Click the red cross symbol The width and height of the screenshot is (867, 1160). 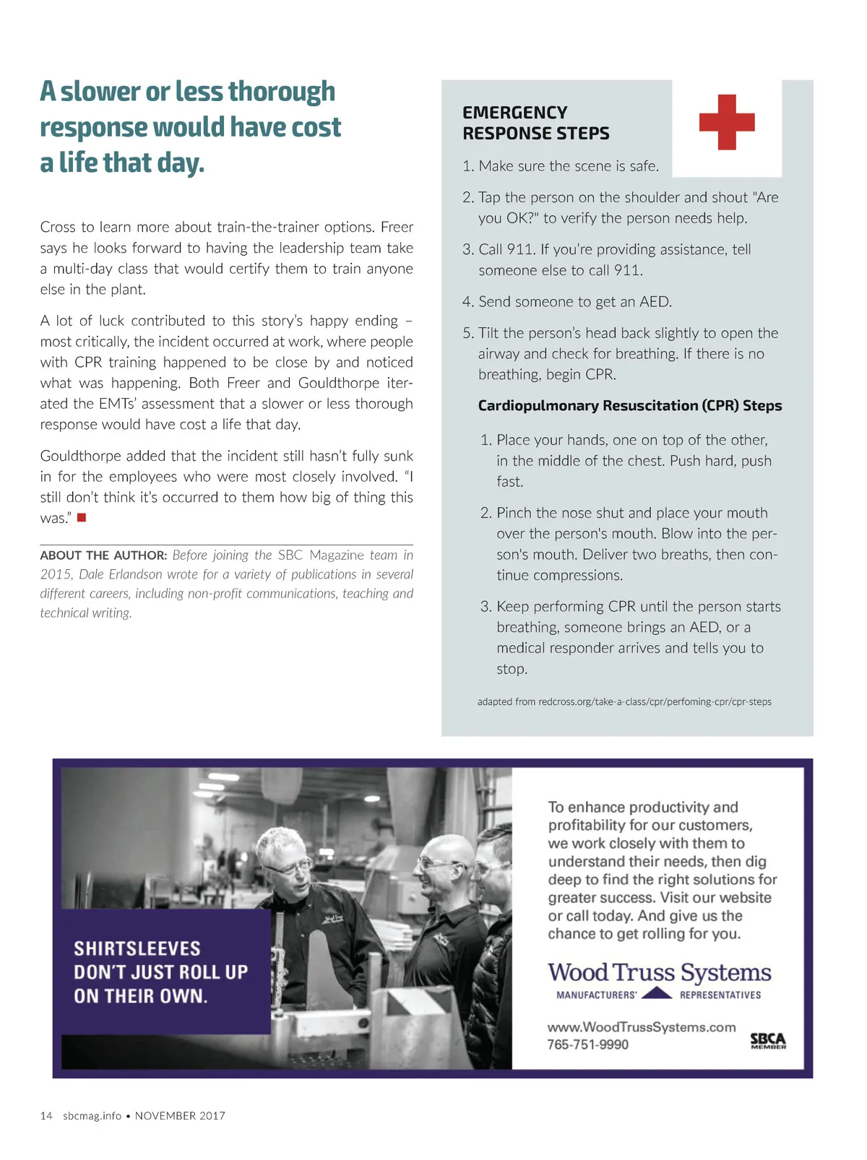tap(727, 122)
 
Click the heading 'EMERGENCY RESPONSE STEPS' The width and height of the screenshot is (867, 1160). tap(535, 123)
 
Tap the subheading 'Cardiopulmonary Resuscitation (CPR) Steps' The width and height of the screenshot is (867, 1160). tap(629, 406)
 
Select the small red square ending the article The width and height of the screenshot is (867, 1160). tap(82, 517)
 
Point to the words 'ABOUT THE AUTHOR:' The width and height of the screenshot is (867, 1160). tap(103, 555)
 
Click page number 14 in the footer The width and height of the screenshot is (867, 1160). tap(46, 1116)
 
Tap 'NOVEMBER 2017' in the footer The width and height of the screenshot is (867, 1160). tap(180, 1116)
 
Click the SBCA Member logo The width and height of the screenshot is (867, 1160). tap(767, 1041)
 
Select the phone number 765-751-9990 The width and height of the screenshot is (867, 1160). tap(587, 1044)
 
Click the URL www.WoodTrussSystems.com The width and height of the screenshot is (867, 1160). tap(641, 1027)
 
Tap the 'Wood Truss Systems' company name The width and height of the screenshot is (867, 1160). tap(659, 972)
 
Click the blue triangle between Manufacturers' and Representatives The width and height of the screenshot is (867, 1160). tap(657, 992)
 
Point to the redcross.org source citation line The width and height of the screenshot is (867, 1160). tap(624, 701)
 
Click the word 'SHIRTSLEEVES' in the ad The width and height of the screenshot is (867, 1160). tap(137, 948)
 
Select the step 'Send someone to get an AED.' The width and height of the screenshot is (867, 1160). tap(574, 302)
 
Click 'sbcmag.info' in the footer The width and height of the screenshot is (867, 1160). tap(92, 1116)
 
